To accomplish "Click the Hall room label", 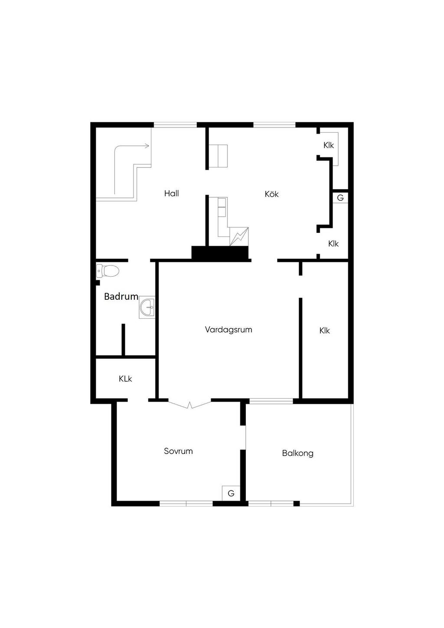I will (x=171, y=193).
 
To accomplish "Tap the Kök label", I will (x=271, y=194).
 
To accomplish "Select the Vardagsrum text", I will (x=229, y=330).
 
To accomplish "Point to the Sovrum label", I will (x=178, y=451).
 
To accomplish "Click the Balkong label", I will (x=297, y=453).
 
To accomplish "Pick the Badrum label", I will (x=121, y=297).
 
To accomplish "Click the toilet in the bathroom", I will (x=108, y=271).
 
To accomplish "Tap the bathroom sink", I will (x=147, y=308).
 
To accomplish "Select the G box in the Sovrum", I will (x=231, y=493).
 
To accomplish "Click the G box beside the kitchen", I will (x=340, y=198).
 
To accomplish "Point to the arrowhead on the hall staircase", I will (x=147, y=146).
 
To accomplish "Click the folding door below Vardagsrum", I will (x=189, y=405).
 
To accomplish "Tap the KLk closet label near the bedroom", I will (x=125, y=379).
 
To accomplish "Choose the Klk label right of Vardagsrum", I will (x=324, y=330).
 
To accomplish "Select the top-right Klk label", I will (x=329, y=145).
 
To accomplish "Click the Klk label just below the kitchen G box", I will (x=333, y=244).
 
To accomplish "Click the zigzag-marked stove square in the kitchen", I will (x=239, y=236).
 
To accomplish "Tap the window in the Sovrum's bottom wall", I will (x=186, y=504).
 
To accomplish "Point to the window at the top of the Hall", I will (x=175, y=125).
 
